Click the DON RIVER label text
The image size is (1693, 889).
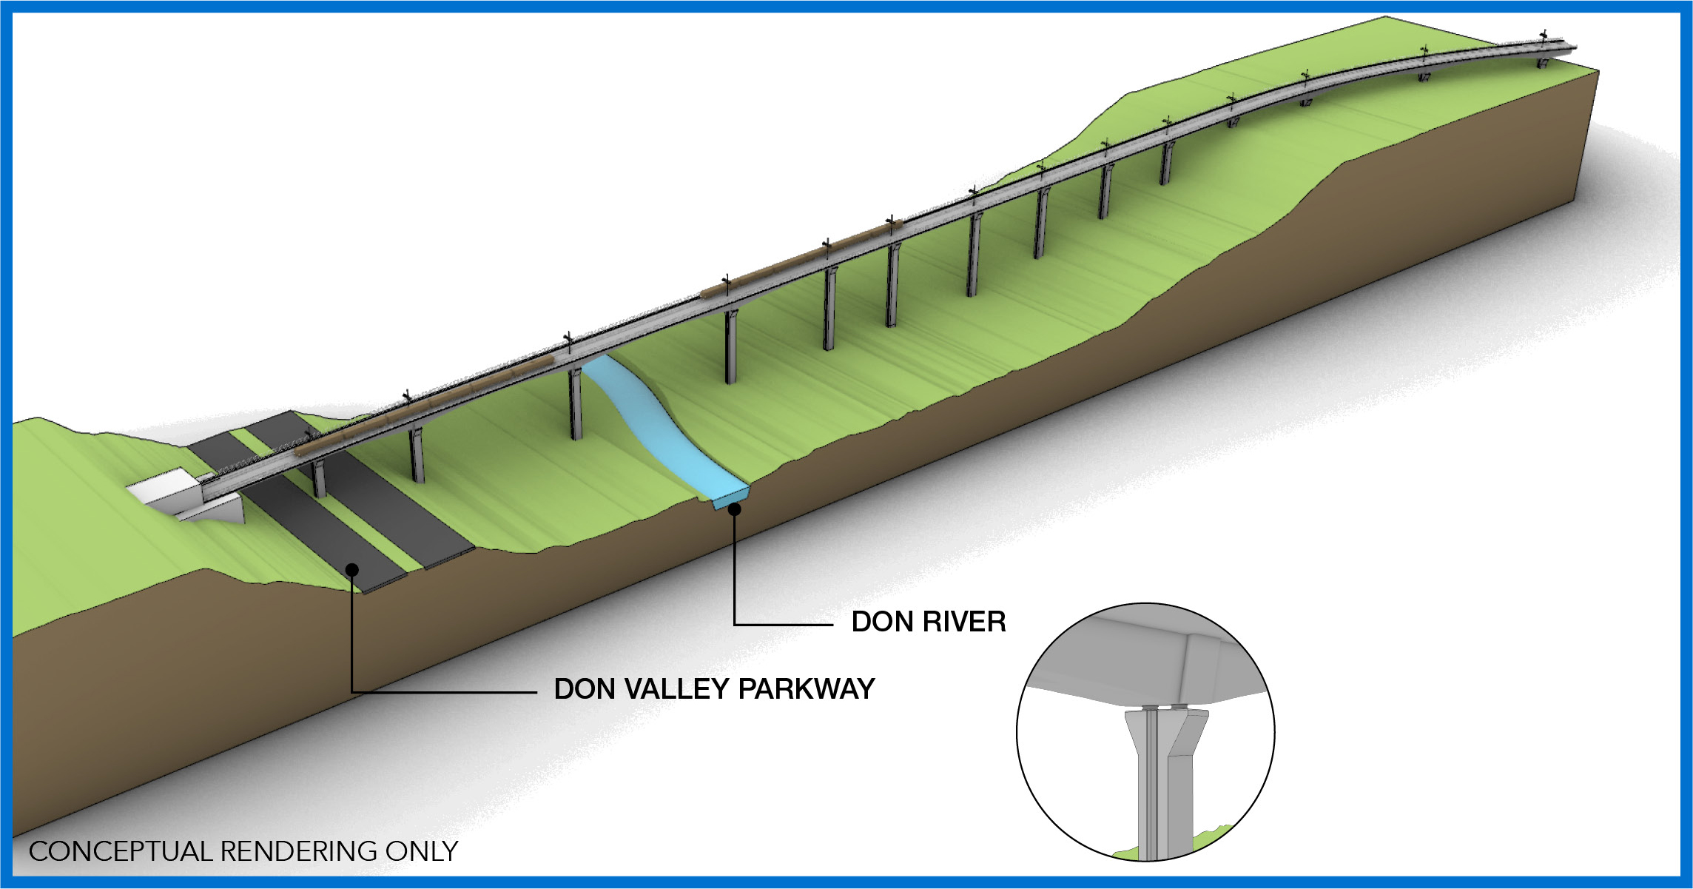click(x=929, y=622)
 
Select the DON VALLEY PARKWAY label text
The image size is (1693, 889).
click(x=714, y=689)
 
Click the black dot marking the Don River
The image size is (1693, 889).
click(x=735, y=509)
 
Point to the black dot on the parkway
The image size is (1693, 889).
click(x=353, y=569)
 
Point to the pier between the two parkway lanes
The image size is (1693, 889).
click(x=319, y=477)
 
